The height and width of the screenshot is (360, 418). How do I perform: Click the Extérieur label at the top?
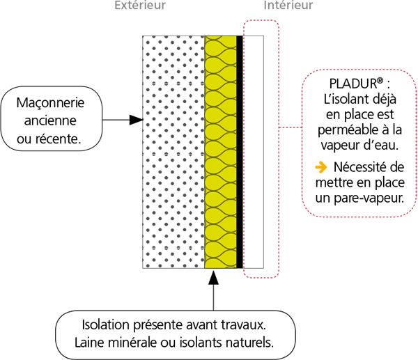tap(141, 6)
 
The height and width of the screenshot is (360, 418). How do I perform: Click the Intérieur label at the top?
tap(288, 6)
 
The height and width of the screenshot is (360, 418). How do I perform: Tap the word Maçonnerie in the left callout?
tap(51, 103)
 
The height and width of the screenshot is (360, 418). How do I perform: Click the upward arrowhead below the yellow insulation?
tap(214, 276)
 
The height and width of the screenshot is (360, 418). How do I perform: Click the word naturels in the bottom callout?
tap(249, 343)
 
